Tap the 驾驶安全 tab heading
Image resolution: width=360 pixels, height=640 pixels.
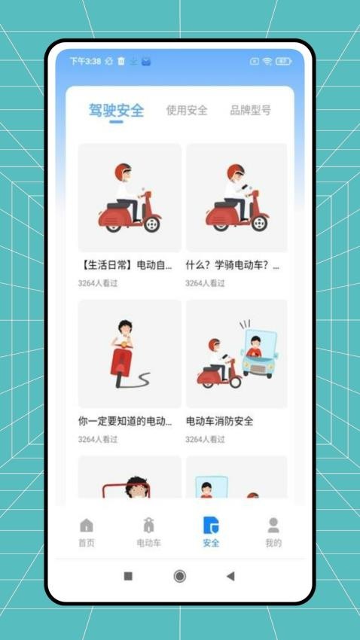tap(116, 111)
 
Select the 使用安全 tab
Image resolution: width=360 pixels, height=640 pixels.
tap(187, 111)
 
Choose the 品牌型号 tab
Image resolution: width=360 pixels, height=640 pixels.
tap(250, 111)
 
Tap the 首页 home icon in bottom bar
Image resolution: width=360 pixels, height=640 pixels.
tap(87, 526)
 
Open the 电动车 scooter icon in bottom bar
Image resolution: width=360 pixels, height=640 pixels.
tap(148, 526)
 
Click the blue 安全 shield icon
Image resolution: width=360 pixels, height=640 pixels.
tap(211, 526)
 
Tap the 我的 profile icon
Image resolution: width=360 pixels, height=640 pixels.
tap(273, 526)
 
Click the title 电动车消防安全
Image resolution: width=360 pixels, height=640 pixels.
tap(219, 422)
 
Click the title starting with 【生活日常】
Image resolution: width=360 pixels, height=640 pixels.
tap(126, 266)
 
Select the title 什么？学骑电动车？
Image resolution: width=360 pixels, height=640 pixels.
tap(233, 266)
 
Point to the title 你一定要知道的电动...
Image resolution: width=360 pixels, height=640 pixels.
tap(126, 422)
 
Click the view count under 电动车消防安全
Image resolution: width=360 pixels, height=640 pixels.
tap(206, 439)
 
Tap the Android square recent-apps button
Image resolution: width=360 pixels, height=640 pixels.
tap(128, 576)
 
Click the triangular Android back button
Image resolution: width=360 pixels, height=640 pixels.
tap(230, 576)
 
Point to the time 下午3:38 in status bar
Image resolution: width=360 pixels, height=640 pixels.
tap(84, 61)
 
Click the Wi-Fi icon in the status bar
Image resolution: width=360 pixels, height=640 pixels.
tap(266, 61)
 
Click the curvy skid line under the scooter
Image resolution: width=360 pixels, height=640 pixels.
tap(139, 379)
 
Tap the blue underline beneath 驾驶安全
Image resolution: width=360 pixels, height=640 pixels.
tap(116, 123)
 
